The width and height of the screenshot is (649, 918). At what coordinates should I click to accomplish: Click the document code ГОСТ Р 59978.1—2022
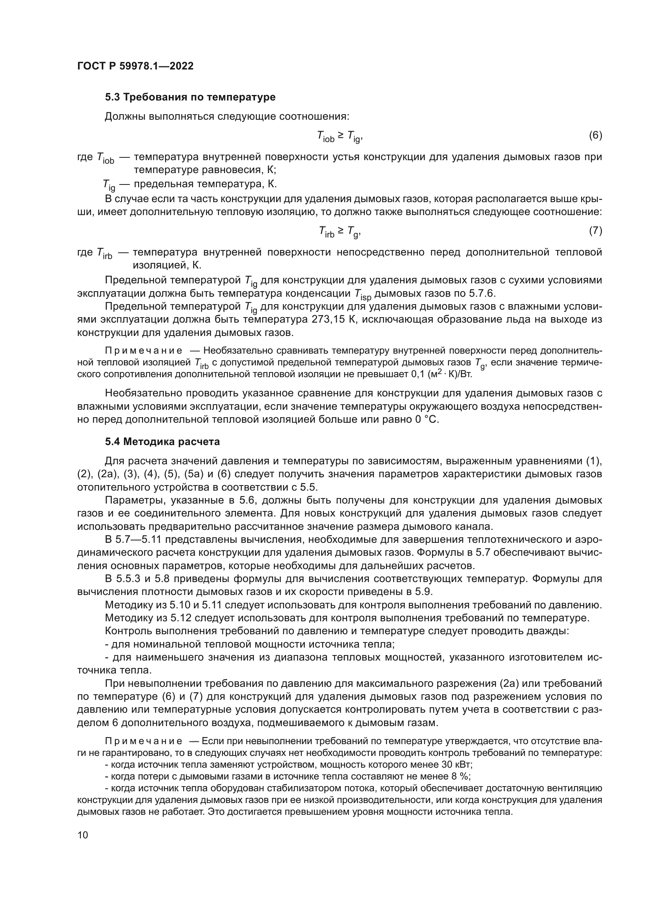(135, 66)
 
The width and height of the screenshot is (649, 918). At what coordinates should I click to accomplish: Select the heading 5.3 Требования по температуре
(190, 97)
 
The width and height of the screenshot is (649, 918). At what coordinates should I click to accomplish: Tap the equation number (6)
(596, 135)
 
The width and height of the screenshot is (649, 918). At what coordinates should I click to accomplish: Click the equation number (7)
(596, 231)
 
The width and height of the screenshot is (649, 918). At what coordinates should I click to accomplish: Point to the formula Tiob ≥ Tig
(340, 137)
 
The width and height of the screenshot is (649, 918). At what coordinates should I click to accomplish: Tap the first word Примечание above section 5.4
(144, 350)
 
